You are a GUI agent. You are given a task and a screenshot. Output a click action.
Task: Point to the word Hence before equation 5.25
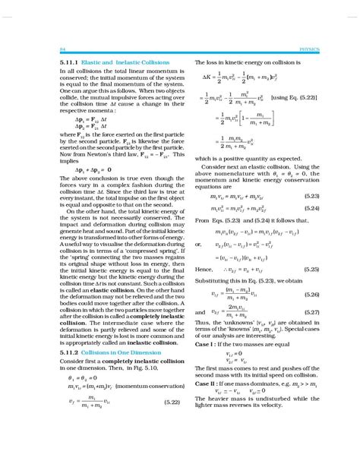point(204,269)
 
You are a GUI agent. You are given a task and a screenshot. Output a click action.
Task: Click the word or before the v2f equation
point(199,245)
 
